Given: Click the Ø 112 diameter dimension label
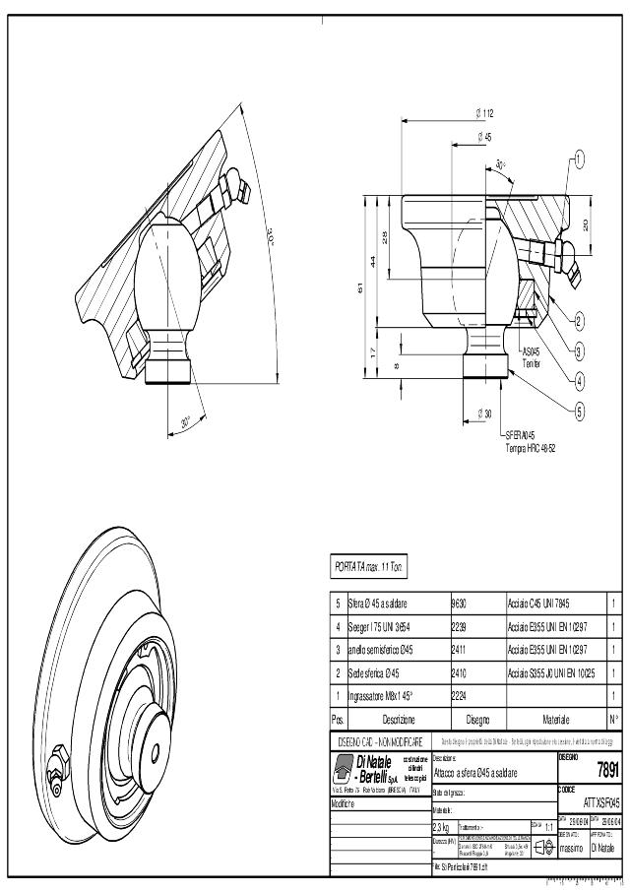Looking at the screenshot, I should (x=484, y=114).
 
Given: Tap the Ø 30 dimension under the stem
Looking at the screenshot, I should (x=484, y=414).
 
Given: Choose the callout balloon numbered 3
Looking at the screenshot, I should (x=579, y=350).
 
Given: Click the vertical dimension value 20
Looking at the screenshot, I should (x=587, y=224).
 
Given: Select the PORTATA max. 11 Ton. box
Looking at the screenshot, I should (x=369, y=566).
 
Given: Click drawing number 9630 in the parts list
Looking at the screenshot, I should (x=459, y=603).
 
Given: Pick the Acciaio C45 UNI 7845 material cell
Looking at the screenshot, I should (x=539, y=603).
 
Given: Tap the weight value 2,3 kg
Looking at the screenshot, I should (x=442, y=826).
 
